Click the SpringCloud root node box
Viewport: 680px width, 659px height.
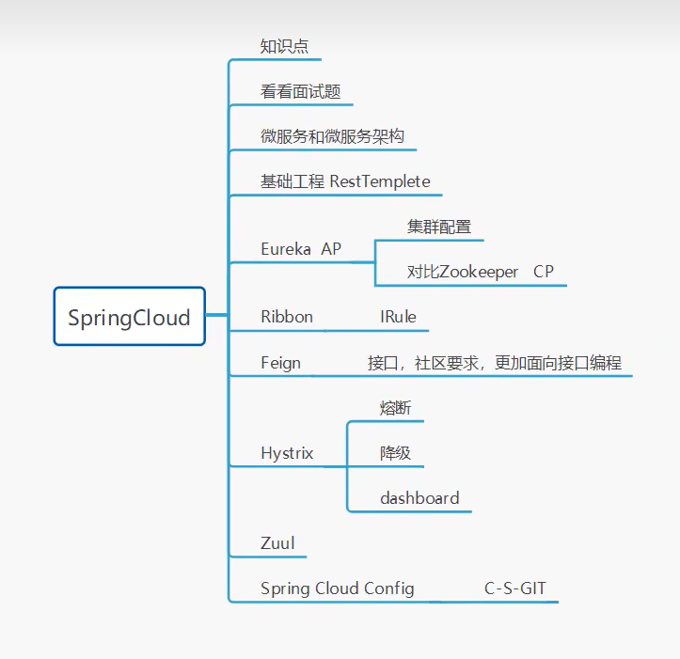[x=129, y=317]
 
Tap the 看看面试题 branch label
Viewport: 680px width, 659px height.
[x=300, y=92]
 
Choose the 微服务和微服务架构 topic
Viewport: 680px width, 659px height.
[x=332, y=136]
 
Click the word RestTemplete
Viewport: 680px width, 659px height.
[x=380, y=181]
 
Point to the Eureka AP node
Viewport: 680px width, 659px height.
[x=301, y=249]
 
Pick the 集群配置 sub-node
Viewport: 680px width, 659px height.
[x=439, y=227]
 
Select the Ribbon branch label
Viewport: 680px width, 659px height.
[x=287, y=317]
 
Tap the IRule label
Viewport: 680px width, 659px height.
[x=398, y=317]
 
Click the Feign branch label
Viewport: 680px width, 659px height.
[x=280, y=363]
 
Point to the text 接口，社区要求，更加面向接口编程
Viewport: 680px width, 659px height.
[x=495, y=363]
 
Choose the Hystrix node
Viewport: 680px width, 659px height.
[x=287, y=453]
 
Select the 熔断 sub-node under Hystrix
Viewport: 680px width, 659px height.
[x=395, y=408]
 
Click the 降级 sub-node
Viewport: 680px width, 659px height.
[x=395, y=453]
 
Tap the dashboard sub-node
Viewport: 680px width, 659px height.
[x=419, y=498]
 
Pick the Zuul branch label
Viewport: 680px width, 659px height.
[x=277, y=543]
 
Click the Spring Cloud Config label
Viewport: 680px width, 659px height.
[x=337, y=589]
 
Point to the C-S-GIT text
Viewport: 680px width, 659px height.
[x=515, y=589]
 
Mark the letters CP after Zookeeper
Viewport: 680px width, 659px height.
[x=544, y=272]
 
